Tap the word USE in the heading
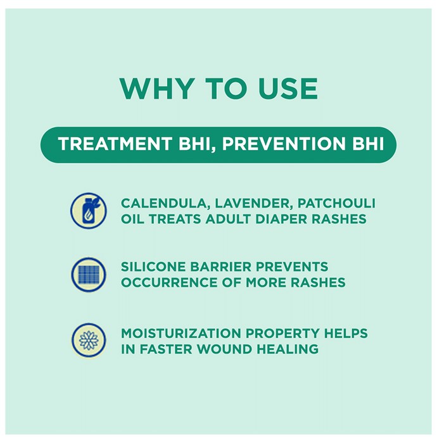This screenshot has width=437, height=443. tap(288, 89)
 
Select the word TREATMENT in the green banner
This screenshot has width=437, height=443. tap(115, 144)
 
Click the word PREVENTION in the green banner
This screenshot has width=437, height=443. tap(284, 144)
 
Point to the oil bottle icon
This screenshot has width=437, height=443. tap(89, 211)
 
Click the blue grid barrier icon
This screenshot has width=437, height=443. tap(89, 275)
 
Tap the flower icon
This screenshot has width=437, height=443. tap(89, 340)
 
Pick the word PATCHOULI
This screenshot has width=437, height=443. tap(336, 203)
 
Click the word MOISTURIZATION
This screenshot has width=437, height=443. tap(181, 334)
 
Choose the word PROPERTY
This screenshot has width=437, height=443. tap(282, 334)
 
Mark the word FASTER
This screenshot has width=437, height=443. tap(166, 349)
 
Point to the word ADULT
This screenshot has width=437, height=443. tap(229, 219)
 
